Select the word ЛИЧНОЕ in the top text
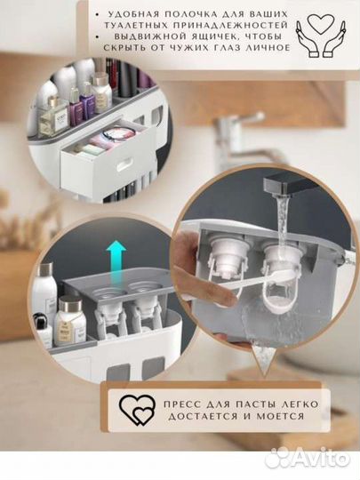(x=269, y=48)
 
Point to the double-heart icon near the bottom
(x=137, y=410)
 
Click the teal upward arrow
(x=116, y=260)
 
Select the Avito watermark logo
(x=307, y=460)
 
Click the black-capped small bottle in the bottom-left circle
(x=42, y=329)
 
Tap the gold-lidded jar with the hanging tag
(x=70, y=322)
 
